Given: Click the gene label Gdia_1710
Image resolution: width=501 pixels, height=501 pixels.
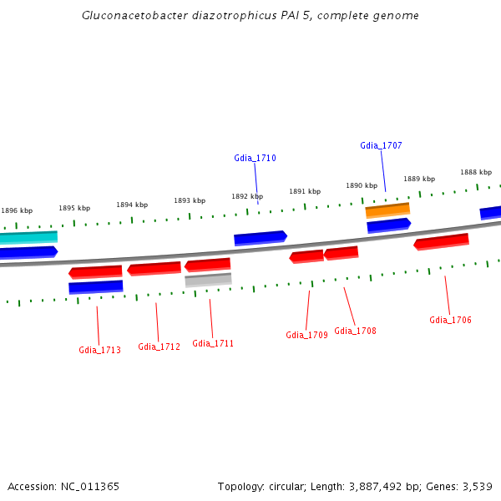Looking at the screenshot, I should point(255,158).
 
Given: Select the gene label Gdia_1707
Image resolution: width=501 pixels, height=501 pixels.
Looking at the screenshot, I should point(381,145).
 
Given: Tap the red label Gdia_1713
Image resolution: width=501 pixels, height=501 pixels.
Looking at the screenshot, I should point(99,350).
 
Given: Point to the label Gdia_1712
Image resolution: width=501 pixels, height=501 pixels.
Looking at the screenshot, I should point(159,347).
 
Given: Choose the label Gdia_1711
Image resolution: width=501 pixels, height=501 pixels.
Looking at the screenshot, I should point(213,343).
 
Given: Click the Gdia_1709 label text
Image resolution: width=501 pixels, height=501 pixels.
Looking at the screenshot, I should point(306,335).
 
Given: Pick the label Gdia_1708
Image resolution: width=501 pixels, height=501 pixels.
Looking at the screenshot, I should point(355,331).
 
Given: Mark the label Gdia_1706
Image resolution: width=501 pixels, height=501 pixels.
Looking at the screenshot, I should point(450,320).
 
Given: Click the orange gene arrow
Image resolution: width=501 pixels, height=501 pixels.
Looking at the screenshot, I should point(387,210).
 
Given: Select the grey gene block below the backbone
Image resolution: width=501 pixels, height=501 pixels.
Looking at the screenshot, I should point(208,280).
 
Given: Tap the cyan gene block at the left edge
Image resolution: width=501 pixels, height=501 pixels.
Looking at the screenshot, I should point(28,237).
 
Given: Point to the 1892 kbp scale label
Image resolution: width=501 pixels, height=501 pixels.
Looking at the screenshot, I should point(246,197).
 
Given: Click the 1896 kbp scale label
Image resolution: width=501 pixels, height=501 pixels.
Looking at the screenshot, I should point(17,211).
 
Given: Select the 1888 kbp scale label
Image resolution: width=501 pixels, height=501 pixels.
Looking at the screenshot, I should point(475,173).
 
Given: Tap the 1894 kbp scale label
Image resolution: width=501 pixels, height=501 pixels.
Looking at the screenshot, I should point(132,205).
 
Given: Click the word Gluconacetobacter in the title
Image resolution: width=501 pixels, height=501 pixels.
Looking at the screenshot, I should point(132,16).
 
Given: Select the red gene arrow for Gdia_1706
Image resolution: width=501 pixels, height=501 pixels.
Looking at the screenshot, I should point(441,241).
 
